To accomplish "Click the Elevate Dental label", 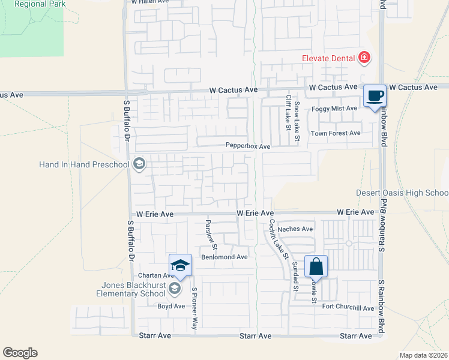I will pyautogui.click(x=328, y=58).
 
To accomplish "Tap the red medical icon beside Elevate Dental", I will pyautogui.click(x=363, y=58).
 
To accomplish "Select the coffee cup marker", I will pyautogui.click(x=375, y=97).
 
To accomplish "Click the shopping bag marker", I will pyautogui.click(x=316, y=266).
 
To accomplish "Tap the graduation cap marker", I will pyautogui.click(x=180, y=265).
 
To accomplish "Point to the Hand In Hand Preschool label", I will pyautogui.click(x=84, y=164).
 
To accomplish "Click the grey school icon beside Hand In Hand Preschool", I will pyautogui.click(x=139, y=164).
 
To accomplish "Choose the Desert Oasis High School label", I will pyautogui.click(x=402, y=193).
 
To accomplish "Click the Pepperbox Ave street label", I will pyautogui.click(x=248, y=146).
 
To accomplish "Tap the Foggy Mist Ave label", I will pyautogui.click(x=334, y=109).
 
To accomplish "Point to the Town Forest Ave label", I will pyautogui.click(x=336, y=133).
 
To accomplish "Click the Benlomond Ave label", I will pyautogui.click(x=224, y=257).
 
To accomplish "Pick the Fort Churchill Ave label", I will pyautogui.click(x=348, y=308).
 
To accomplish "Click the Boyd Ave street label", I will pyautogui.click(x=171, y=306).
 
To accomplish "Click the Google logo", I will pyautogui.click(x=20, y=353).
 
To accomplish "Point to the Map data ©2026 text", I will pyautogui.click(x=423, y=355).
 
